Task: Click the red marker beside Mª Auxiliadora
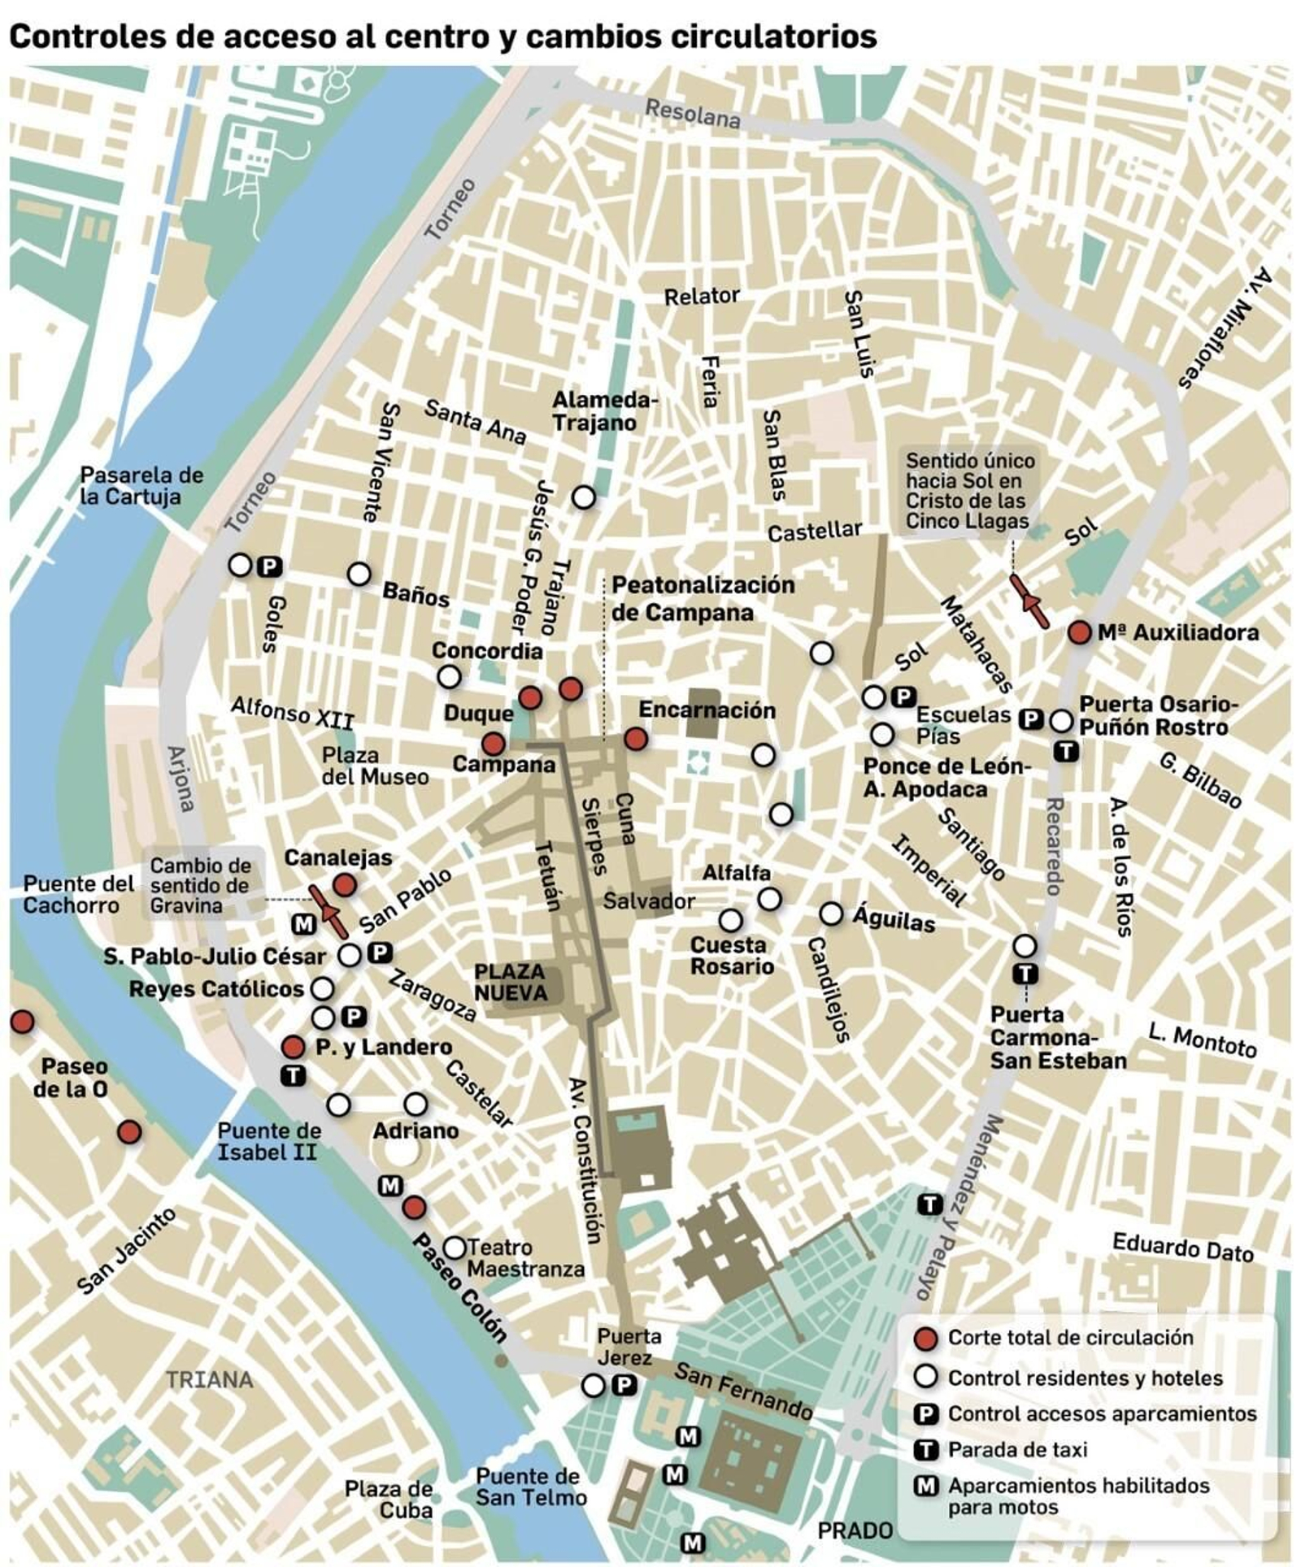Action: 1078,632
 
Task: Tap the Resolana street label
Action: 692,115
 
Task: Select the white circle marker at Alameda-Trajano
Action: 583,497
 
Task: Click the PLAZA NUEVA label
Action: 510,982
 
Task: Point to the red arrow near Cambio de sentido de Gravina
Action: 329,911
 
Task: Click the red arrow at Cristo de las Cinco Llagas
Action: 1029,601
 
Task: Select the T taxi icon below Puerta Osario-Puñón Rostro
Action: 1065,752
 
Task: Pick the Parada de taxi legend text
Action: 1016,1449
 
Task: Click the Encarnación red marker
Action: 635,738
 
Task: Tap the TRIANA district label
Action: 210,1379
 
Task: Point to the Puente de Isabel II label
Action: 269,1141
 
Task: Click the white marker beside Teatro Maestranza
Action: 454,1247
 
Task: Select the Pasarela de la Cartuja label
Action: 141,485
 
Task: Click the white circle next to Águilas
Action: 830,913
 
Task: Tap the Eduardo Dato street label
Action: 1182,1248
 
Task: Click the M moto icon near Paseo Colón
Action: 390,1185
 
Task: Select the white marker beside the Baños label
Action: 359,574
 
